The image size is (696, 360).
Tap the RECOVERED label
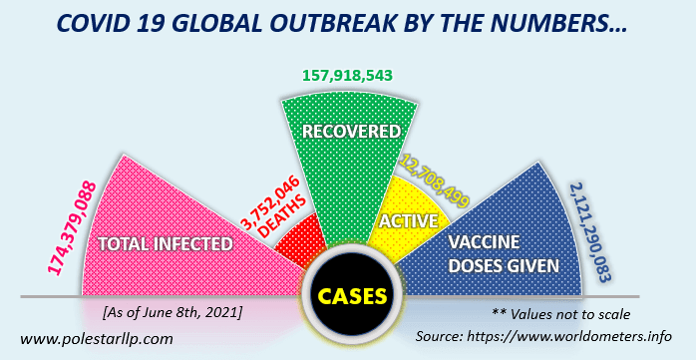click(x=351, y=132)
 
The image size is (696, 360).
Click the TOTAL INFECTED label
click(x=166, y=242)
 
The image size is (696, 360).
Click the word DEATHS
click(x=282, y=224)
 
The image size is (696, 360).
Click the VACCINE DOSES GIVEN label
click(x=501, y=253)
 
